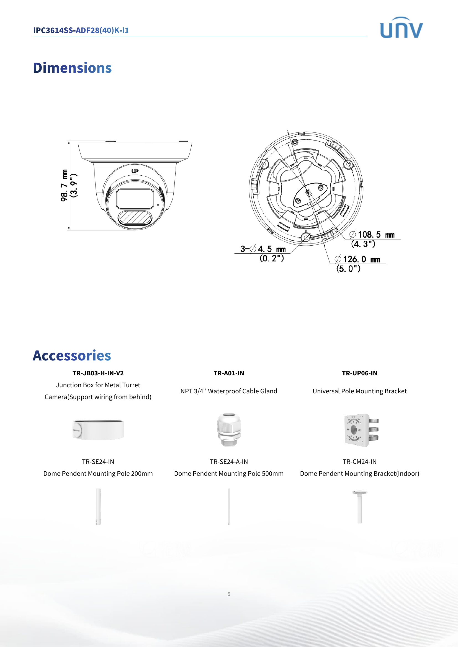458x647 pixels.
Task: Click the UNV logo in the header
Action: click(401, 28)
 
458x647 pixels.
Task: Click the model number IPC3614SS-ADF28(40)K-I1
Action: click(81, 30)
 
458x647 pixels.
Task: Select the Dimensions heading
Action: click(73, 68)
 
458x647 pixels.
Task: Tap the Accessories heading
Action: click(72, 356)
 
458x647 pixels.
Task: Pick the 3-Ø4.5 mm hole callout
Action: click(263, 249)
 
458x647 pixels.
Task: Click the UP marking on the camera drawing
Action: click(135, 171)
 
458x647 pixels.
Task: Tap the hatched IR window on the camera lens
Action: click(135, 217)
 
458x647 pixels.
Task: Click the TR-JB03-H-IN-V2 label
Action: click(98, 373)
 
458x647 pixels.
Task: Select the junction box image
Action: click(98, 430)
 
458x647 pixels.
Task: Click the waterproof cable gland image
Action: click(229, 430)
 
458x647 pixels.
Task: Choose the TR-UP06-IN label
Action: click(360, 373)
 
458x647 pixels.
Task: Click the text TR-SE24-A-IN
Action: click(229, 462)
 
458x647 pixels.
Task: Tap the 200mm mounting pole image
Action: click(98, 506)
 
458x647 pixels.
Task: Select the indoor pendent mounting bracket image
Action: click(360, 506)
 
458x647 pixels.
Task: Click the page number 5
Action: click(229, 594)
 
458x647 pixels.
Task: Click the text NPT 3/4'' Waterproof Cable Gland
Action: click(229, 391)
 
